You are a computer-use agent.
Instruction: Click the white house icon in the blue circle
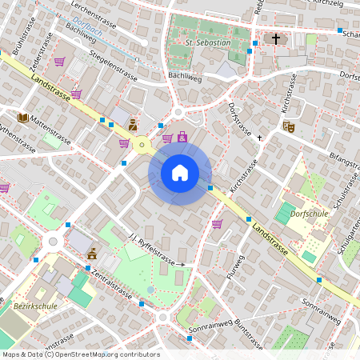coord(180,172)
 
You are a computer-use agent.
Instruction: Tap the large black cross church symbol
coord(276,38)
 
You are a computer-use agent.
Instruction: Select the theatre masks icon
coord(289,126)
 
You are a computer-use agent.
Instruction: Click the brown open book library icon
coord(22,118)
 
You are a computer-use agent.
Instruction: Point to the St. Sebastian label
coord(208,42)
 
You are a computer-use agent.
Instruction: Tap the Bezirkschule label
coord(33,305)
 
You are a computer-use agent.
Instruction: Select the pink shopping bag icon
coord(183,137)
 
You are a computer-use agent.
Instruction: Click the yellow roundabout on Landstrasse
coord(143,145)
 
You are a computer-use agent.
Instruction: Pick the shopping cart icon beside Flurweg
coord(217,223)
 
